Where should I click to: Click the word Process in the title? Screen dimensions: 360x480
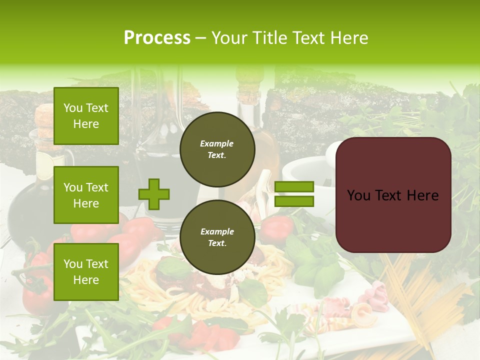point(157,38)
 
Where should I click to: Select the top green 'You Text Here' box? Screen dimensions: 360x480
point(86,116)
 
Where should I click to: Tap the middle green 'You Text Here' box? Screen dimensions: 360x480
point(86,195)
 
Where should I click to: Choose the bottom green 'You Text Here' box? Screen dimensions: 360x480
point(86,271)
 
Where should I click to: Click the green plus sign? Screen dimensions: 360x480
point(154,194)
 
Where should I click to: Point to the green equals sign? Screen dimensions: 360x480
point(294,194)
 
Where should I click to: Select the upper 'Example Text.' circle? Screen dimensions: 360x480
point(217,149)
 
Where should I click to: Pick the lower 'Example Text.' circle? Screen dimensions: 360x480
point(217,237)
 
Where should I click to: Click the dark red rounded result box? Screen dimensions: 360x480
point(393,195)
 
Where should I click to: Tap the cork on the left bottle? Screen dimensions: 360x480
point(43,120)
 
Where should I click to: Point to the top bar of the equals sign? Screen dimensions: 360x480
point(294,187)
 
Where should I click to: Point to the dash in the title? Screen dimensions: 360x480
point(200,38)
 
